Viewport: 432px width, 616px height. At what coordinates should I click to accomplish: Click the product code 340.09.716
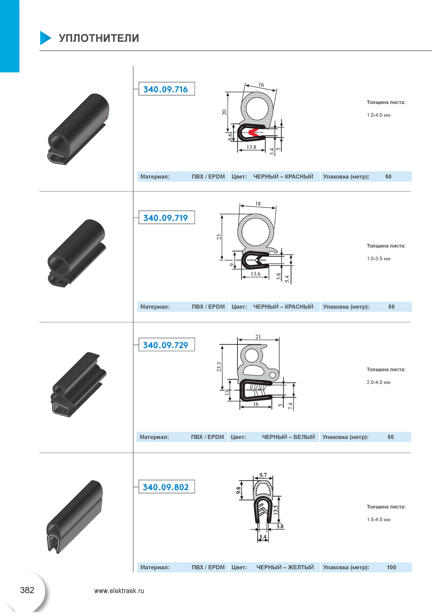(x=165, y=89)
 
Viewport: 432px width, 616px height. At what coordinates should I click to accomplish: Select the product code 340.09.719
(x=165, y=218)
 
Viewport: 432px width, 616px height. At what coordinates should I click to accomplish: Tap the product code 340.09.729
(x=165, y=345)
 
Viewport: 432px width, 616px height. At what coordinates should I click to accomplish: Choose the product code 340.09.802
(x=165, y=487)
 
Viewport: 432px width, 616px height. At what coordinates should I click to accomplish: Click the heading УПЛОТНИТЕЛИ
(x=99, y=38)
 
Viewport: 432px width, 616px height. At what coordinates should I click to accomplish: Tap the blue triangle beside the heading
(x=45, y=38)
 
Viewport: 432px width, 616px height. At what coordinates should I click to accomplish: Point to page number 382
(x=27, y=590)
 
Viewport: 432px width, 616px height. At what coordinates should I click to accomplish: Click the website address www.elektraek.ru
(x=119, y=591)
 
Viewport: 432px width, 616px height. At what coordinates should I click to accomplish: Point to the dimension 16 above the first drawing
(x=261, y=85)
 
